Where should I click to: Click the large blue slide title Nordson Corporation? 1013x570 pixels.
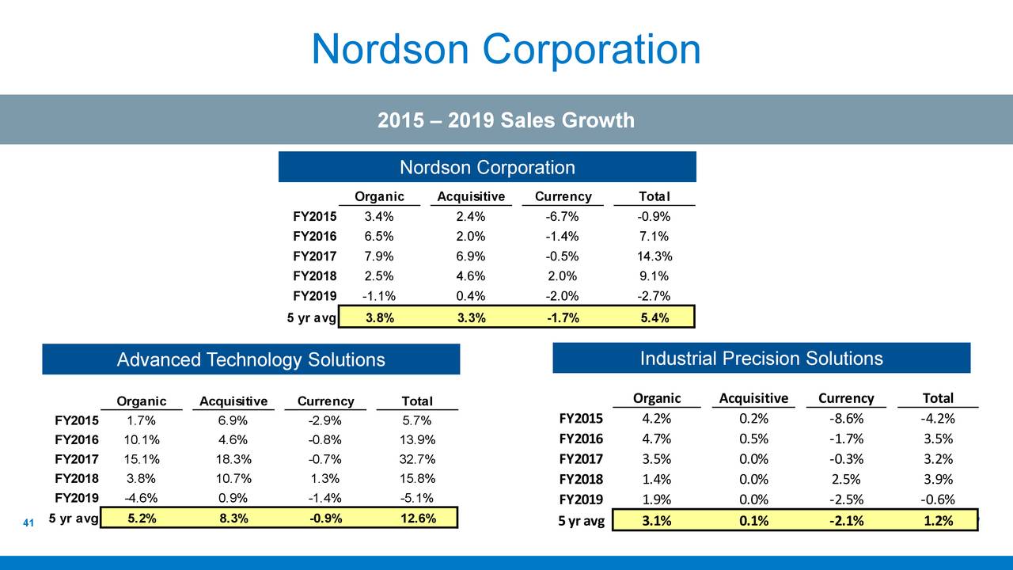[x=506, y=49]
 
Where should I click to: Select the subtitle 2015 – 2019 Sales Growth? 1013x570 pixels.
[x=506, y=120]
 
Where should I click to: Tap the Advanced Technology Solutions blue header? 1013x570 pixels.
[x=251, y=360]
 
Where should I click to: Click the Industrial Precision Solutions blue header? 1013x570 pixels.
[x=761, y=359]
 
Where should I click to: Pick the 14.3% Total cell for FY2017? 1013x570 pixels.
[x=654, y=256]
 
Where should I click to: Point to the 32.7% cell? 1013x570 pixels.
[x=416, y=460]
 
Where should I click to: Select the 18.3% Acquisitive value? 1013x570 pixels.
[x=233, y=460]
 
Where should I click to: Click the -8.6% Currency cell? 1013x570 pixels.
[x=846, y=419]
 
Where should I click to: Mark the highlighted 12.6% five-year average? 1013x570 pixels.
[x=416, y=519]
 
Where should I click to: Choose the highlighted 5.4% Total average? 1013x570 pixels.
[x=654, y=317]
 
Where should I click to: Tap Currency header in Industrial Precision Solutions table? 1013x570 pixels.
[x=846, y=398]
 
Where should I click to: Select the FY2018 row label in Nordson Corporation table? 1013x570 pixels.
[x=314, y=276]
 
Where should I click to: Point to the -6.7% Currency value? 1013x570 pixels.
[x=562, y=217]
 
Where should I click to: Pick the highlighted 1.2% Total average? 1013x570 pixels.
[x=937, y=521]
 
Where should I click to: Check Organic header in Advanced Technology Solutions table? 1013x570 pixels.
[x=142, y=401]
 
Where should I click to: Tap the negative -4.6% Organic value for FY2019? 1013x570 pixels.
[x=142, y=499]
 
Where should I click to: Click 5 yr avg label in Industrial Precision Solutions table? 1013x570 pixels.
[x=581, y=521]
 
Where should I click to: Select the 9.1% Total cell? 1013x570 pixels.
[x=654, y=276]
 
